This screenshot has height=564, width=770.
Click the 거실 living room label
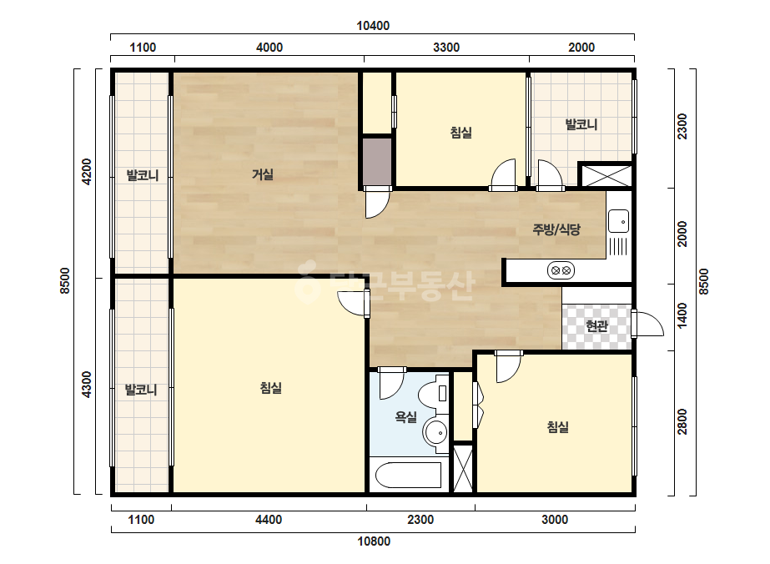263,174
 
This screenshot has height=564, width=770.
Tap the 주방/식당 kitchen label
557,229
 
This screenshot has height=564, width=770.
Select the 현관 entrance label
597,325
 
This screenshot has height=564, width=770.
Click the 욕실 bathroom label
406,417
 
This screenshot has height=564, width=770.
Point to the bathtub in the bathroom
408,475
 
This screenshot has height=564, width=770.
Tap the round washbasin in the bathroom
436,433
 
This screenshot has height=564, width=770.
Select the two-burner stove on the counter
561,270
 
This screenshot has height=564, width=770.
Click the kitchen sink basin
618,221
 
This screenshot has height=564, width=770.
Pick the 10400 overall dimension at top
373,26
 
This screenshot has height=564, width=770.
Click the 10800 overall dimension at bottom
374,541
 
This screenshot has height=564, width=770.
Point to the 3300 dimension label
446,48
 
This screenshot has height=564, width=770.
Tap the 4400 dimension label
269,519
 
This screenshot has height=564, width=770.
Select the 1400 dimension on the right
682,317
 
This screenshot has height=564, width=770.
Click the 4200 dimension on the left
87,172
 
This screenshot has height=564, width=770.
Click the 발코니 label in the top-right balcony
581,124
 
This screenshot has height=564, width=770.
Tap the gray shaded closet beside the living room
377,161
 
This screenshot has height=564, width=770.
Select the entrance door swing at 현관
647,324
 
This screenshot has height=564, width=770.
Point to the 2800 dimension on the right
682,421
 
